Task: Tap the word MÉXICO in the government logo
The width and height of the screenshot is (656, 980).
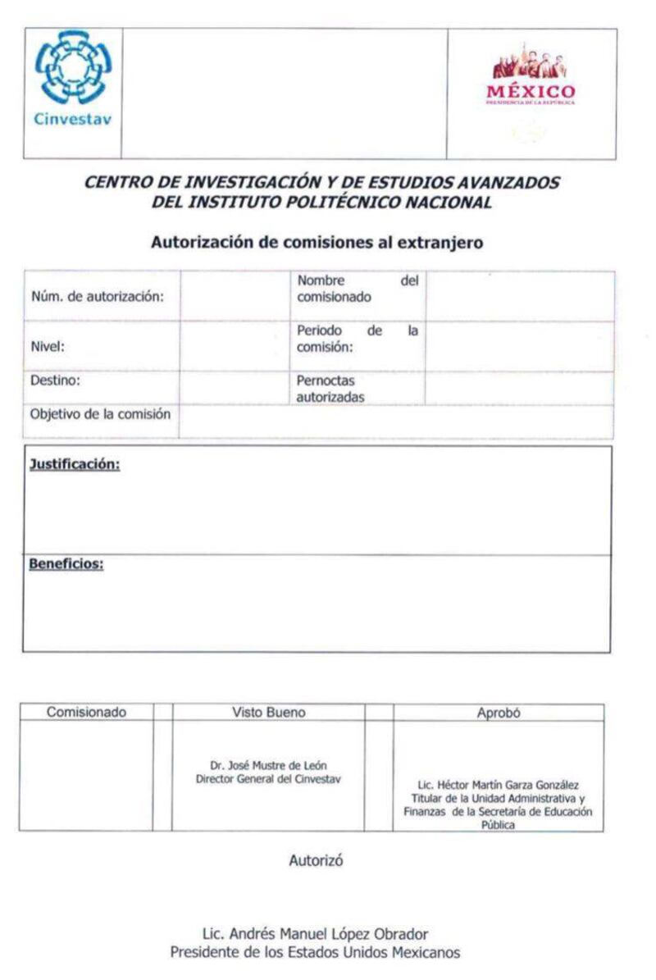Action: point(531,90)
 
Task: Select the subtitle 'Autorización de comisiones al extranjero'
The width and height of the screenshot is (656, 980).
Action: point(317,243)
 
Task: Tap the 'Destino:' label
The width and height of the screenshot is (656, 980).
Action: point(55,381)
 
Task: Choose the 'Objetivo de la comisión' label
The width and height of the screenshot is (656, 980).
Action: point(100,414)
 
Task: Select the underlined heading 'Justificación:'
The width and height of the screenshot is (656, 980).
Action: point(75,465)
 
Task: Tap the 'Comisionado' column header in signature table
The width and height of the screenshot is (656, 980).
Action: point(86,713)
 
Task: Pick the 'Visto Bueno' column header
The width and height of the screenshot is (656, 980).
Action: point(268,713)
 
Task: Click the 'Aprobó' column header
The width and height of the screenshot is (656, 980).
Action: point(499,713)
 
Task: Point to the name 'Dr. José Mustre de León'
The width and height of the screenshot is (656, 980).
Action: point(268,765)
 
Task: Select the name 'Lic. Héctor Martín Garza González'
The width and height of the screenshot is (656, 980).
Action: point(499,785)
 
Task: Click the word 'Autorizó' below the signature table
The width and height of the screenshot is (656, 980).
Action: point(316,860)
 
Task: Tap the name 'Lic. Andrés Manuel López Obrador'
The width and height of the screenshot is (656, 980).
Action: point(315,934)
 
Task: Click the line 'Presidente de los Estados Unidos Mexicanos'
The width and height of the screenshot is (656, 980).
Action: point(315,952)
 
